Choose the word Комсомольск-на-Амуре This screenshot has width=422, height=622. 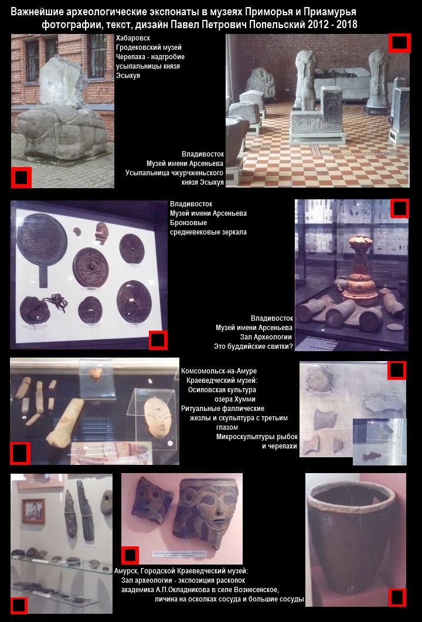coord(219,371)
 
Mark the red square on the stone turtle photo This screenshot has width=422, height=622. coord(21,177)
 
